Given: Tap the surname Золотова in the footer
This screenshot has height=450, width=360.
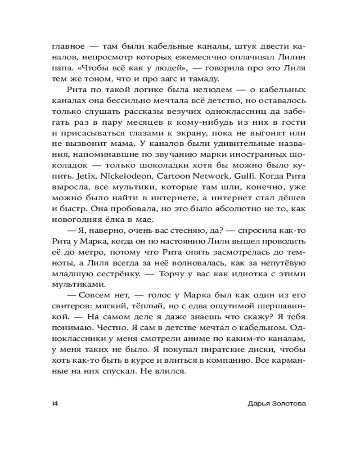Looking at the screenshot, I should tap(287, 403).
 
